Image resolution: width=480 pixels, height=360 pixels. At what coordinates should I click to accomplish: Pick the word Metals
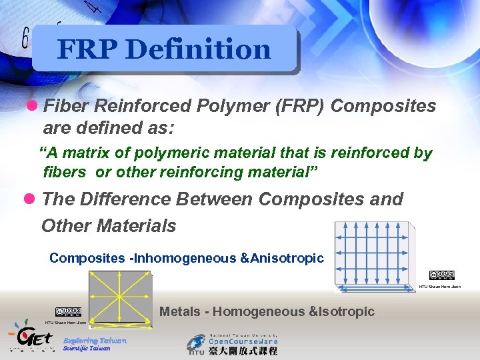pyautogui.click(x=182, y=311)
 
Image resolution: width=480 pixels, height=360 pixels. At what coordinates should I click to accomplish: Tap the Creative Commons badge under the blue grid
pyautogui.click(x=442, y=275)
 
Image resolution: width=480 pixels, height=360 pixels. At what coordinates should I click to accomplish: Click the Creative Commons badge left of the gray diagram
pyautogui.click(x=68, y=312)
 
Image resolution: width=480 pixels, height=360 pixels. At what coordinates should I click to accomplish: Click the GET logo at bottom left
pyautogui.click(x=30, y=337)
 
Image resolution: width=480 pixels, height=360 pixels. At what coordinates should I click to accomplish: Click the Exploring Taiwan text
pyautogui.click(x=95, y=340)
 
